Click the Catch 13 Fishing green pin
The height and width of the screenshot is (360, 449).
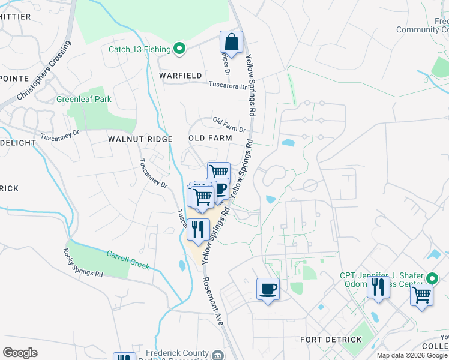click(179, 49)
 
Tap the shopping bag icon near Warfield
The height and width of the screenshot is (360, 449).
click(231, 43)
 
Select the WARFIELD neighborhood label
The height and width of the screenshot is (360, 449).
click(181, 76)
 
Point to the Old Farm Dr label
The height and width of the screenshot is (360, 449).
click(229, 125)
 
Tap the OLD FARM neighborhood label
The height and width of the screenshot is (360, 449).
click(210, 138)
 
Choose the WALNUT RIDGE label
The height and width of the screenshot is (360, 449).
click(140, 139)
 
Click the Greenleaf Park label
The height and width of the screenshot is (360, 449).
click(84, 99)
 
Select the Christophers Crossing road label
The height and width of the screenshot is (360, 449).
click(44, 71)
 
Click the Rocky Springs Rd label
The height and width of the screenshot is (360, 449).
click(83, 263)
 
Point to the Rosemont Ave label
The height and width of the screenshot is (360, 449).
click(212, 302)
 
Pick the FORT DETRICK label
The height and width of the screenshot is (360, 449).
click(331, 340)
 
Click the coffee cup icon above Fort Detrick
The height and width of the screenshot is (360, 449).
click(268, 289)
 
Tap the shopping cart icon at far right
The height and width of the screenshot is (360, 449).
click(422, 295)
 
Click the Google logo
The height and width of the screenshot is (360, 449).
click(20, 352)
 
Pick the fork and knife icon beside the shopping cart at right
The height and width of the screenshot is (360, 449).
click(378, 287)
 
